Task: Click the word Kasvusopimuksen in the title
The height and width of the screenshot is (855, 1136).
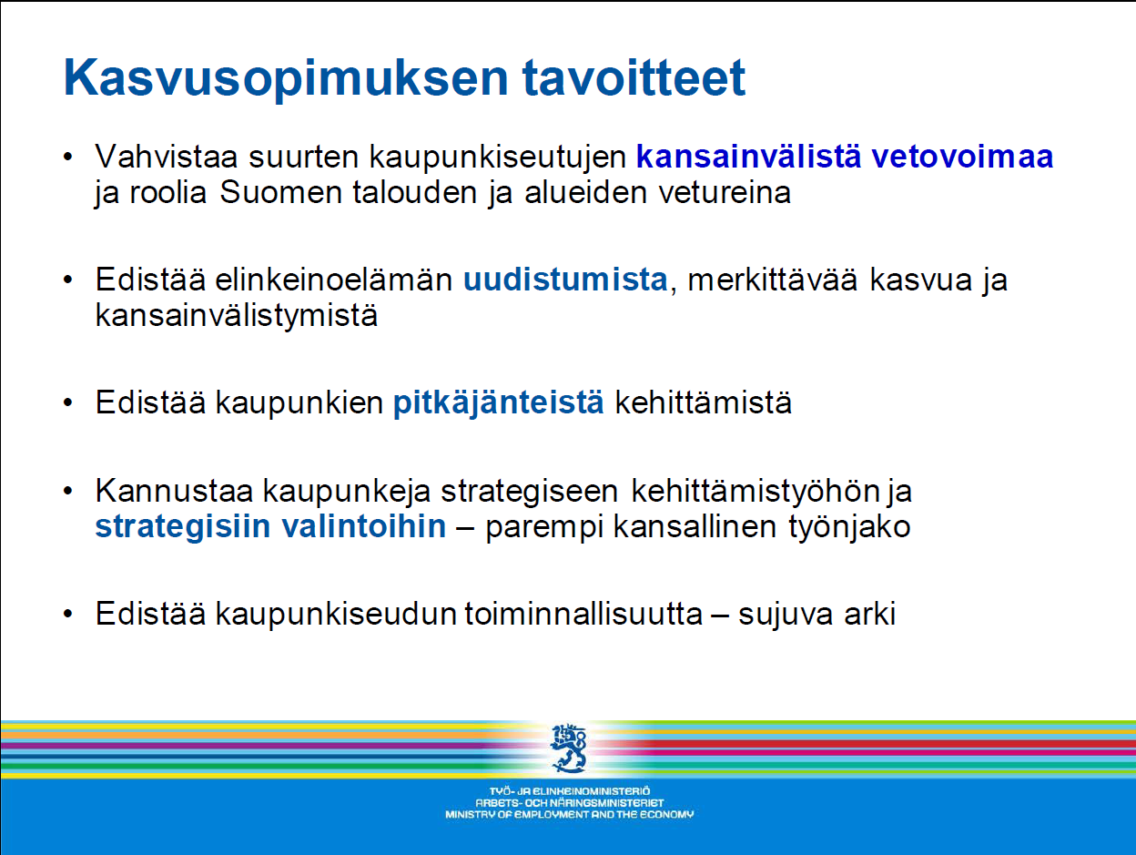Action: click(286, 79)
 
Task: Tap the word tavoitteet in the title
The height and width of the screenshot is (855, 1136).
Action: click(634, 77)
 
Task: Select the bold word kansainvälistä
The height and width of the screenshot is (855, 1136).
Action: click(748, 156)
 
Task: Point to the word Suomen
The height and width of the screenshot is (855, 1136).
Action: click(281, 192)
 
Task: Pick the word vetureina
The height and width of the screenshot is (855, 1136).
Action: click(725, 192)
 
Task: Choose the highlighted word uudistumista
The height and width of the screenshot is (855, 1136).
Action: click(565, 280)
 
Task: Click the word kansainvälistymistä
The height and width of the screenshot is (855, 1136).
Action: click(237, 315)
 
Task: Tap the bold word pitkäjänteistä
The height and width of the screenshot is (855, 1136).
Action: click(499, 402)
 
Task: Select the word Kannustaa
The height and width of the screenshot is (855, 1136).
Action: click(174, 491)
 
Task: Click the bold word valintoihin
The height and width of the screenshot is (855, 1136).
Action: click(364, 526)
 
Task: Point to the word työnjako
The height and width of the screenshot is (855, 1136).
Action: click(849, 527)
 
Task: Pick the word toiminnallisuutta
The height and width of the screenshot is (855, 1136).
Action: click(583, 614)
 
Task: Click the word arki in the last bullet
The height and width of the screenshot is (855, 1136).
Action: click(869, 614)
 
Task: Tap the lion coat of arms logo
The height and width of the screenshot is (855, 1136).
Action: click(569, 748)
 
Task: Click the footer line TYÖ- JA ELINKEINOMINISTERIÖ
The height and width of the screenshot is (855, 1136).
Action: click(569, 791)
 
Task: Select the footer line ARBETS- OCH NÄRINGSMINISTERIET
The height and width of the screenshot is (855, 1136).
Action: click(569, 803)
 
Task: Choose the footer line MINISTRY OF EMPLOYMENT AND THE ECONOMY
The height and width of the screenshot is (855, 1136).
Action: click(569, 815)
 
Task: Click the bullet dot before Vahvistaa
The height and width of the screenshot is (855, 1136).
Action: click(67, 157)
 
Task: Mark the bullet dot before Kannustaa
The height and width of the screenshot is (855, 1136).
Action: click(67, 491)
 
